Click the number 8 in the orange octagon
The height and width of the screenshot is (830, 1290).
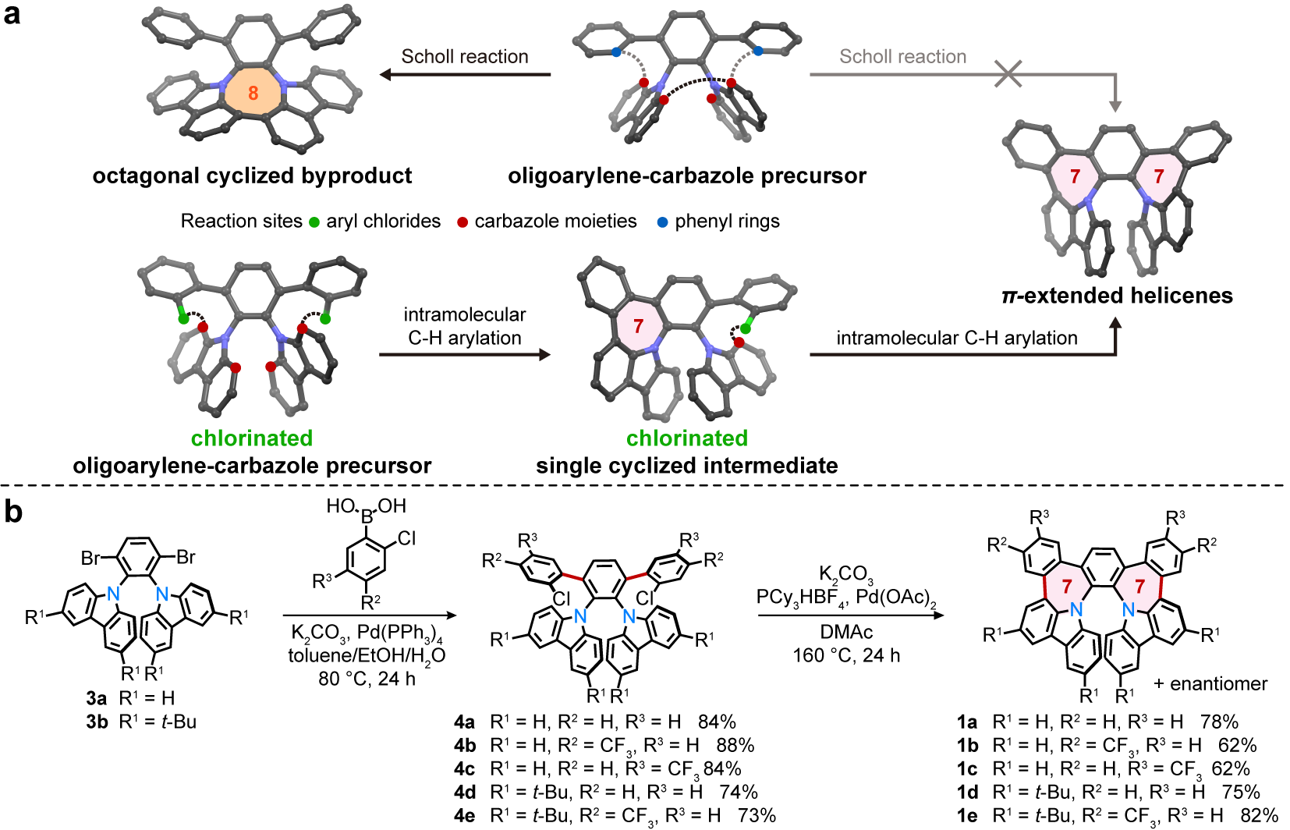click(253, 94)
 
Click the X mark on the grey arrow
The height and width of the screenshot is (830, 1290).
click(1009, 74)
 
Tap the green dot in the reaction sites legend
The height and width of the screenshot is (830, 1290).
click(314, 222)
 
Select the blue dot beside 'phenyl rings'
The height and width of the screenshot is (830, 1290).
click(662, 222)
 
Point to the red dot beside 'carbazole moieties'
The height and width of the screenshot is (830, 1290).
click(462, 222)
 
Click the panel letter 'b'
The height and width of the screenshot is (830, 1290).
click(12, 513)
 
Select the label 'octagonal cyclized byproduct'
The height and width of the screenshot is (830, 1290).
click(252, 176)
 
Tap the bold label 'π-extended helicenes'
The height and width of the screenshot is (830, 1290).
click(1117, 296)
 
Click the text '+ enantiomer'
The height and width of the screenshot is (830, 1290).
click(1210, 684)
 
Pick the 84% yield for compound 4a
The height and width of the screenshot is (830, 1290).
click(717, 722)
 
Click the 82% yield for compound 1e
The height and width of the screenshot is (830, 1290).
click(1259, 816)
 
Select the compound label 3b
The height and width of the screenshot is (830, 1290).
click(97, 722)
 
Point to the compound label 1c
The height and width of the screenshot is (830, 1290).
click(967, 769)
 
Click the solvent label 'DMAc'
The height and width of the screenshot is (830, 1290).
click(846, 632)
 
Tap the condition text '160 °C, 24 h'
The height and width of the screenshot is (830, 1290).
click(846, 655)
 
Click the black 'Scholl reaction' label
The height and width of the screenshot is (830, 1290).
click(465, 57)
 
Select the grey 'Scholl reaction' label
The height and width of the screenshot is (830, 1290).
click(902, 57)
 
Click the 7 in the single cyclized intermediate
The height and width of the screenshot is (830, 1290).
click(639, 326)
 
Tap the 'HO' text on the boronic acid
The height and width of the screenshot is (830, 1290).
click(341, 506)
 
